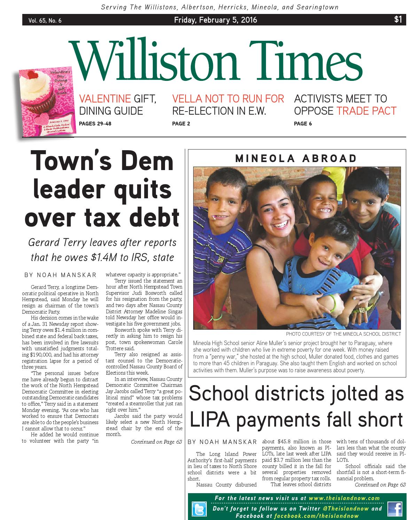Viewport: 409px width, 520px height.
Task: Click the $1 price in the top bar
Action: coord(398,20)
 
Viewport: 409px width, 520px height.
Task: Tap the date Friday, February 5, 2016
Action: coord(215,20)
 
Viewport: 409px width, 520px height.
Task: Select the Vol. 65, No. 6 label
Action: coord(45,21)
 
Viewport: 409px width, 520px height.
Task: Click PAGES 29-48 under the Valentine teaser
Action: coord(95,123)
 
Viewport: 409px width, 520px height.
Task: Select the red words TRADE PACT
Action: coord(366,111)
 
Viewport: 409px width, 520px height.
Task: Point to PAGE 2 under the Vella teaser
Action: coord(181,123)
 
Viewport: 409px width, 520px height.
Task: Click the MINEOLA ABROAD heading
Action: coord(296,159)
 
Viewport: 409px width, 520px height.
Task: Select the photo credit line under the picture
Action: coord(343,334)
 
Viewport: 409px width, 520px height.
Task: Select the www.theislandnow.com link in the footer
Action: coord(344,498)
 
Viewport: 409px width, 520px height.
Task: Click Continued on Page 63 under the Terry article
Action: coord(156,442)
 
